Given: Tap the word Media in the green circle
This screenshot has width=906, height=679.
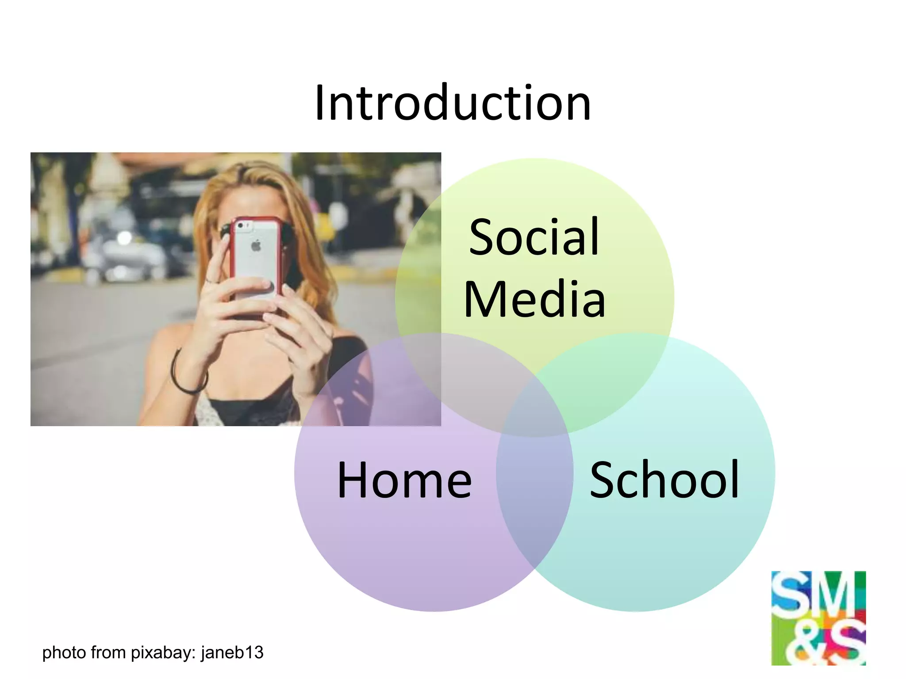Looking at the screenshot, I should (534, 299).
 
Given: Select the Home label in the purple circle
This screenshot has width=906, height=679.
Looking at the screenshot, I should (404, 480).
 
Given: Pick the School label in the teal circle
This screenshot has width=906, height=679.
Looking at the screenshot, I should (664, 480).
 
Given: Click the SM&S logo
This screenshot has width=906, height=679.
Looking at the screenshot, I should (818, 618).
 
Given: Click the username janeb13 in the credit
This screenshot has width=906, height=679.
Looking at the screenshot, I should (232, 652).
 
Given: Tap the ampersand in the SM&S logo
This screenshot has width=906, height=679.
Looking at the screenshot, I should (801, 645).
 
